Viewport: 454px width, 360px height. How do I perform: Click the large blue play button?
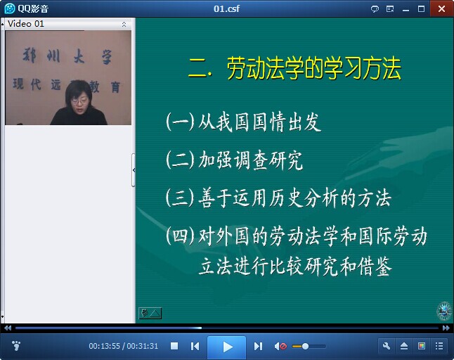(x=227, y=347)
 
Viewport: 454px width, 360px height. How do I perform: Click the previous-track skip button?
(x=195, y=346)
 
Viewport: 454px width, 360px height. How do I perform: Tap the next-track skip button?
(x=258, y=346)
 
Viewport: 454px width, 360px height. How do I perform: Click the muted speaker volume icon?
(x=280, y=346)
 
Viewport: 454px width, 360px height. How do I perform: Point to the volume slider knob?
(x=305, y=346)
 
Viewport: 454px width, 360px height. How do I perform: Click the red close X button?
(x=441, y=8)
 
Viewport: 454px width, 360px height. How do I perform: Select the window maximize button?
(x=421, y=9)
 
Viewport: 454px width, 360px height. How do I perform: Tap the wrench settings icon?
(x=387, y=346)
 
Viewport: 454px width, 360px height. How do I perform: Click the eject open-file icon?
(x=404, y=346)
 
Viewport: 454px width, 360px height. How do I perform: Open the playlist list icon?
(x=439, y=346)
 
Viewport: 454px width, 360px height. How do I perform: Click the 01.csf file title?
(x=226, y=8)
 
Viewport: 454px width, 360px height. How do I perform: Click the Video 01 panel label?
(x=26, y=24)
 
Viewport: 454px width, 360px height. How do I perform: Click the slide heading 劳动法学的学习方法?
(x=314, y=68)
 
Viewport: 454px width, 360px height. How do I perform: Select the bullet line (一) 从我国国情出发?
(x=243, y=122)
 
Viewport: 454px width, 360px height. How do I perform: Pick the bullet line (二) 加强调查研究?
(x=234, y=160)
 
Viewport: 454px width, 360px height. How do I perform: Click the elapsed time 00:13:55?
(x=104, y=346)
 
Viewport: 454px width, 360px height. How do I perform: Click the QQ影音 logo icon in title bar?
(x=10, y=8)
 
